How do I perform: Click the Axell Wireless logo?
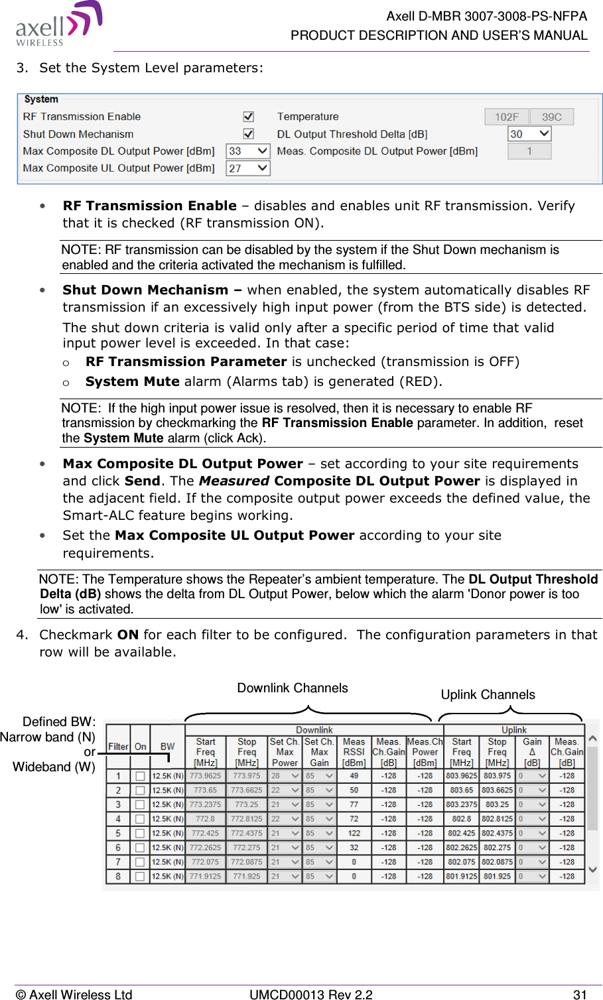point(58,25)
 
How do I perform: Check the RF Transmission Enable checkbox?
point(249,117)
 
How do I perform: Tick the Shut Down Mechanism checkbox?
point(249,134)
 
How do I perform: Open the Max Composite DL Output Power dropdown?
point(248,151)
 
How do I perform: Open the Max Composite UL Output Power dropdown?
point(248,168)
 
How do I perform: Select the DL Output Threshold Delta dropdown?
point(529,134)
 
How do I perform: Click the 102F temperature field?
point(506,117)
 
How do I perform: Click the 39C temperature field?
point(552,117)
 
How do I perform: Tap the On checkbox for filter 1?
point(140,776)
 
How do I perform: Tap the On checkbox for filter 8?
point(140,877)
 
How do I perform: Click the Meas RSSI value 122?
point(354,834)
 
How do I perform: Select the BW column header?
point(168,747)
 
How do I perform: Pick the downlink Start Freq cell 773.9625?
point(206,776)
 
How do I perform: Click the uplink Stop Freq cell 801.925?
point(497,877)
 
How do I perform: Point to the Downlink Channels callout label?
point(293,688)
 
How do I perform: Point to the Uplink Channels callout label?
point(488,695)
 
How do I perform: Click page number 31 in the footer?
point(580,994)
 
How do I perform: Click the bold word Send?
point(142,481)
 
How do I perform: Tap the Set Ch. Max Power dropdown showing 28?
point(285,776)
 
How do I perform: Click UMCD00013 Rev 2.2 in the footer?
point(310,994)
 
